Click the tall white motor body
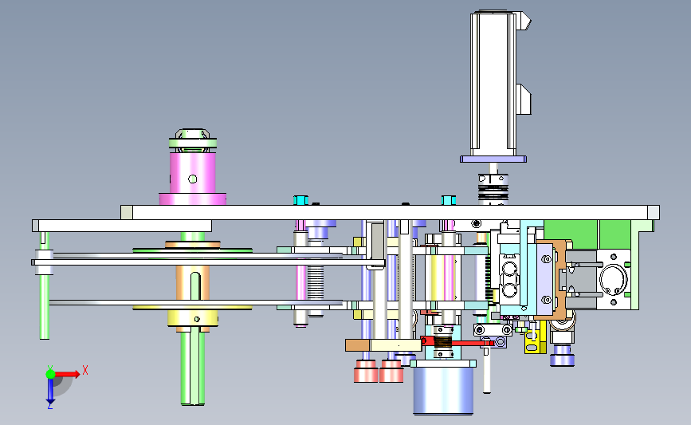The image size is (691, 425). point(493,84)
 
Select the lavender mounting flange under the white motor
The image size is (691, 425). point(493,159)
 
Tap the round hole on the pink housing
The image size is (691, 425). point(193,179)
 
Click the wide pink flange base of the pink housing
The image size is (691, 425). point(193,199)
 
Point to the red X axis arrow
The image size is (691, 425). point(66,374)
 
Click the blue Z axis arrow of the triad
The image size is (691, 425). point(50,391)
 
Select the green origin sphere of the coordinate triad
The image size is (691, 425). point(50,374)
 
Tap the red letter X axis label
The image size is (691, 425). point(85,370)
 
